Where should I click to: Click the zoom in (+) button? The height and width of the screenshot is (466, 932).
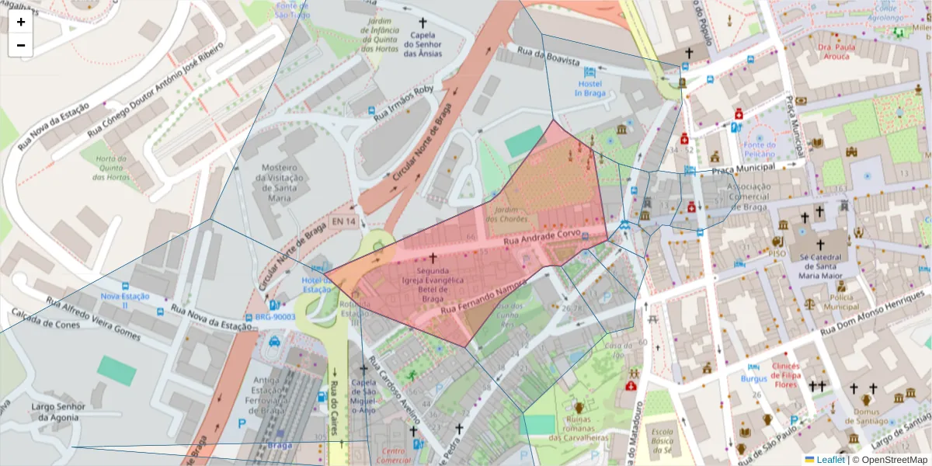click(x=21, y=22)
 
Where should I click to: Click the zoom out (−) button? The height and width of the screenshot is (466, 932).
click(x=21, y=45)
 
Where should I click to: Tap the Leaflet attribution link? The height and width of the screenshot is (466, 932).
click(x=830, y=459)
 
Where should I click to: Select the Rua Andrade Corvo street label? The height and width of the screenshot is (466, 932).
click(x=542, y=237)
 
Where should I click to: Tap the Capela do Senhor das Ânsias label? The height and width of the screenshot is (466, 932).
click(x=423, y=43)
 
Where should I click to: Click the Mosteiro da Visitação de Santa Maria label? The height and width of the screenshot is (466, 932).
click(x=280, y=183)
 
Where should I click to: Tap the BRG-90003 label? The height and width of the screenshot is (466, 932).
click(x=276, y=317)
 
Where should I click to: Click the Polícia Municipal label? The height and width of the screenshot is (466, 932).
click(x=840, y=302)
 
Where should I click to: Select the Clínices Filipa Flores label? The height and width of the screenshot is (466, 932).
click(x=796, y=375)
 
